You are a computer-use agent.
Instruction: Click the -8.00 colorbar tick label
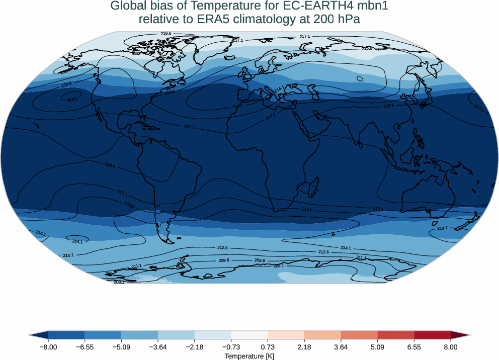click(x=48, y=347)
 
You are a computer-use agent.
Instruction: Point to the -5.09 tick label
click(x=121, y=347)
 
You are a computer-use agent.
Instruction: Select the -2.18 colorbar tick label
click(x=195, y=347)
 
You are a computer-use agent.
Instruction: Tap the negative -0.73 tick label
click(x=231, y=347)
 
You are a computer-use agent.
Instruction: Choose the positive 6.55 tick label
click(x=414, y=347)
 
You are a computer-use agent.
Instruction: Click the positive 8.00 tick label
click(x=451, y=347)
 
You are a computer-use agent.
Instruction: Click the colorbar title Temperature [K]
click(x=249, y=356)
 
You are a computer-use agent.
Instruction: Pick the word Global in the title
click(x=127, y=7)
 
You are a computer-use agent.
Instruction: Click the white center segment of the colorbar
click(x=249, y=335)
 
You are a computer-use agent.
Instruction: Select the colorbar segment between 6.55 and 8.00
click(x=432, y=335)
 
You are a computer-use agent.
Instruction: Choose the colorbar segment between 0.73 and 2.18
click(x=286, y=335)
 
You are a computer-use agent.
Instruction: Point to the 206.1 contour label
click(x=119, y=282)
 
